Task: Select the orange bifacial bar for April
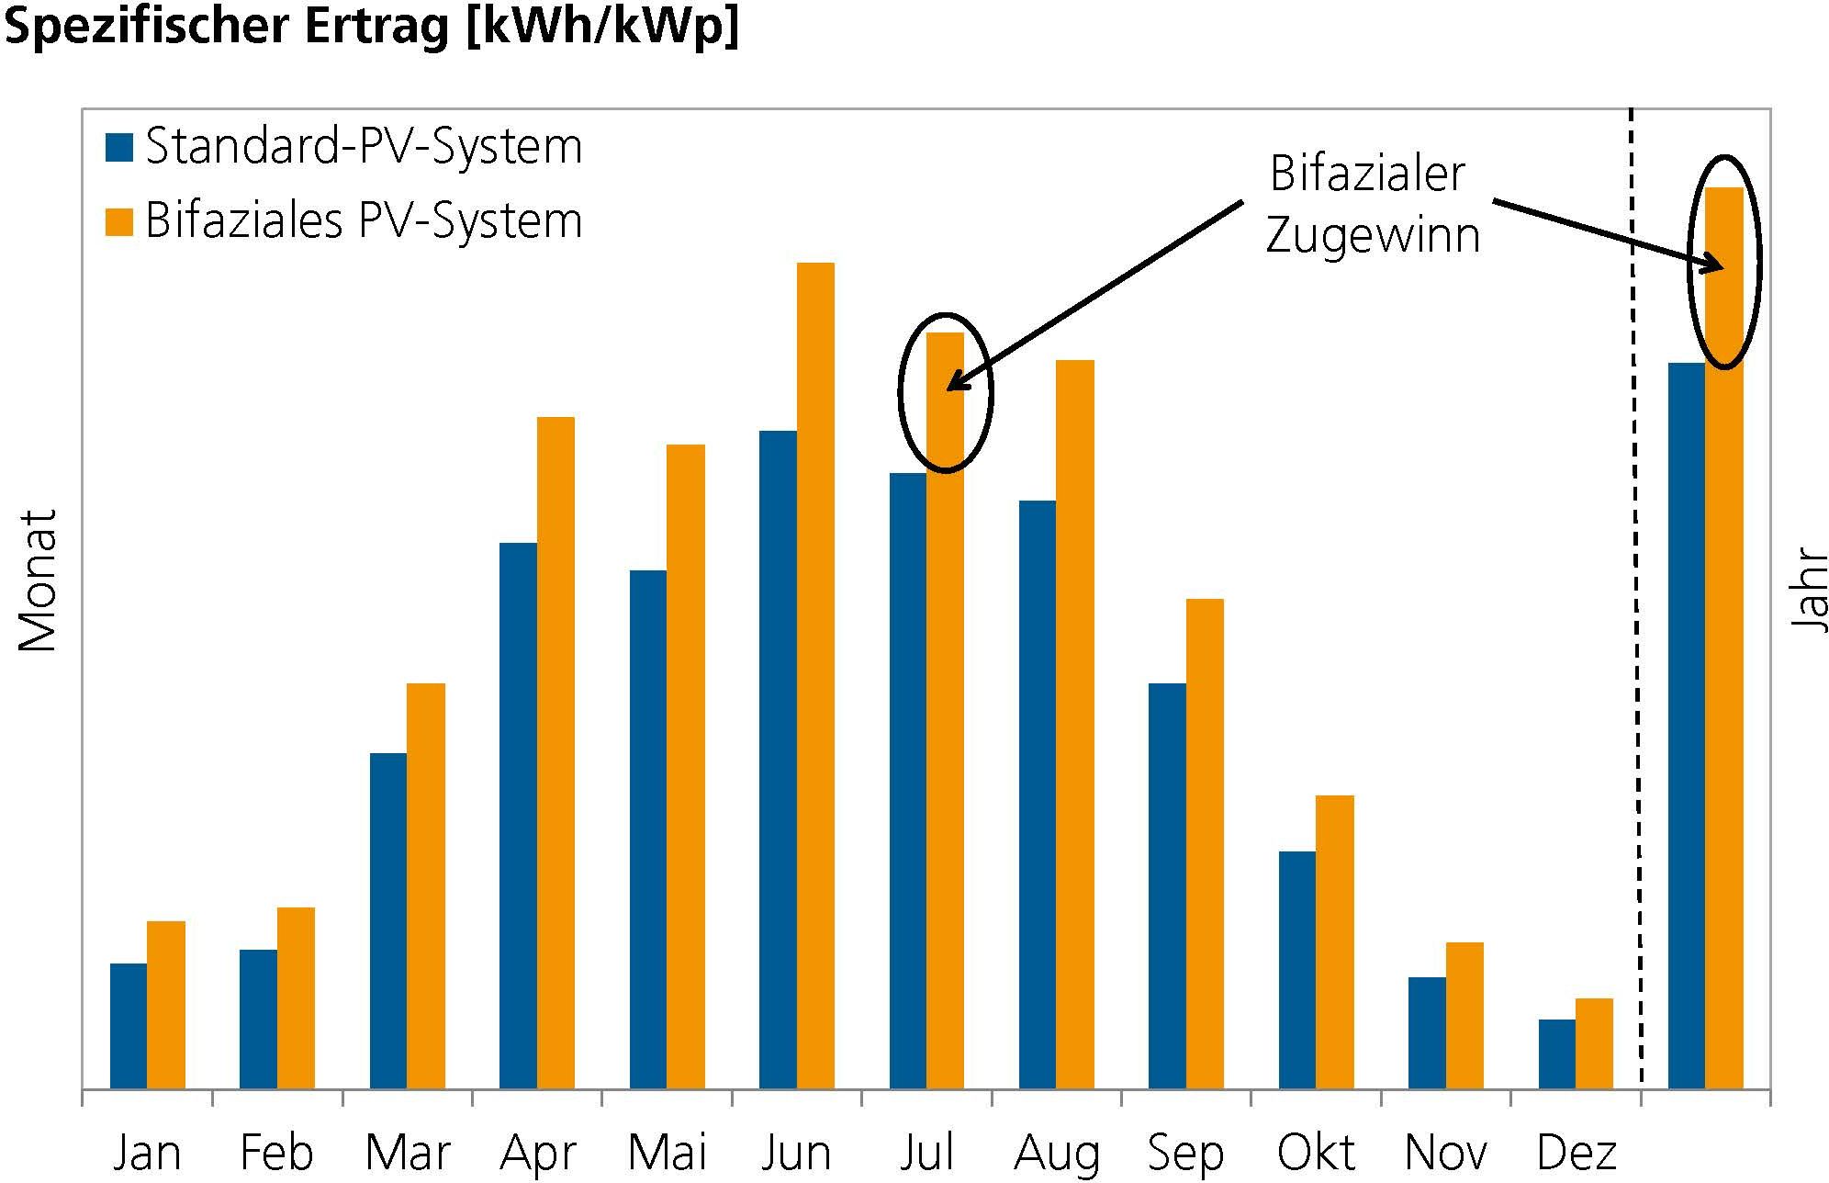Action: coord(555,753)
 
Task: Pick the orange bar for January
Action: coord(166,1005)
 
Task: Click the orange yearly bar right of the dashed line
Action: coord(1723,643)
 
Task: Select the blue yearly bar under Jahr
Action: coord(1686,726)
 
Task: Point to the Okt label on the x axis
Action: coord(1316,1153)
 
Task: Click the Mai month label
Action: coord(668,1153)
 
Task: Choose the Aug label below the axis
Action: coord(1056,1153)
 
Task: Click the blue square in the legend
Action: coord(119,147)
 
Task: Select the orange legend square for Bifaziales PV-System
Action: coord(119,221)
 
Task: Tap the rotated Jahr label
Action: coord(1810,590)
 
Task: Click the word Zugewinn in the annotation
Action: coord(1373,235)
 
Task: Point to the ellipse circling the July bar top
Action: coord(900,393)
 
